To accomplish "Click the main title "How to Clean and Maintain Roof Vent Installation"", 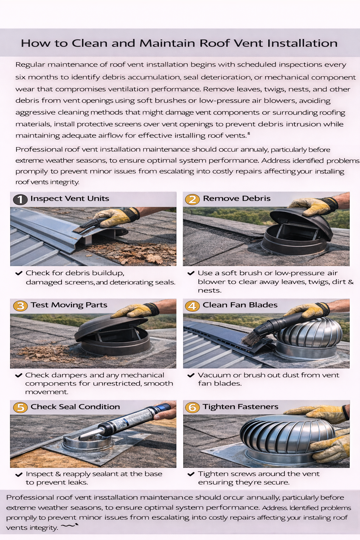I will point(179,43).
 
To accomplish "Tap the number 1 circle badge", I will point(20,199).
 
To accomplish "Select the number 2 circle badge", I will point(192,199).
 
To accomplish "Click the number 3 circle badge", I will point(20,306).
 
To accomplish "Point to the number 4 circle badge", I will point(192,306).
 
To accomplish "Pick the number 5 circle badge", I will point(20,407).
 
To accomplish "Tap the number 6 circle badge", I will point(192,407).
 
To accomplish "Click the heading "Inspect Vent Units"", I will point(70,199).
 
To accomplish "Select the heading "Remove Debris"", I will point(237,199).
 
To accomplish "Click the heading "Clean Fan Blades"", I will point(240,305).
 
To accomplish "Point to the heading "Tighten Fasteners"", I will point(240,407).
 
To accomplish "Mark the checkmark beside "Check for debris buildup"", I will point(19,273).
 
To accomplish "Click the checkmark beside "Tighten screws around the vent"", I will point(191,474).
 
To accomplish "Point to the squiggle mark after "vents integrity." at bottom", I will point(69,526).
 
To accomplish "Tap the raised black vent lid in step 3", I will point(109,325).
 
